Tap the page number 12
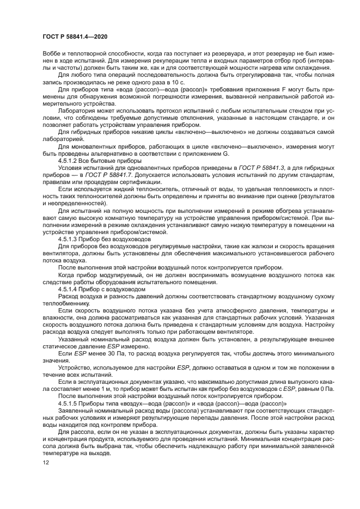[45, 462]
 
